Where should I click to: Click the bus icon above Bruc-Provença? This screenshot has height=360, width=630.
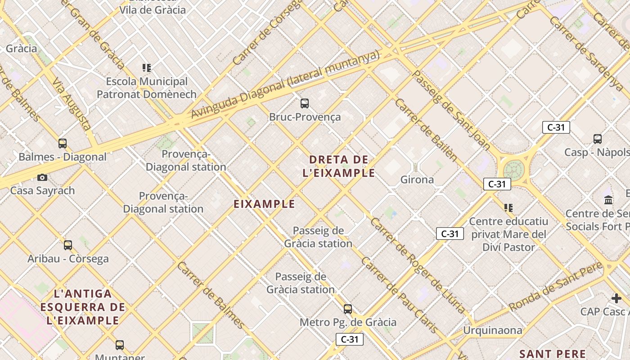point(305,103)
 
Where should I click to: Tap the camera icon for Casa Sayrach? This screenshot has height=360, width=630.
point(42,177)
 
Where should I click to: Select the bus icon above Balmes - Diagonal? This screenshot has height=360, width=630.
point(63,144)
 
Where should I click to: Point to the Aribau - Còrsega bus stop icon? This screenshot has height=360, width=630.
point(68,245)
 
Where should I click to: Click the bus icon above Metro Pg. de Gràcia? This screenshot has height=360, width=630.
point(348,309)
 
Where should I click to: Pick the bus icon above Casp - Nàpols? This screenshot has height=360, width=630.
point(598,139)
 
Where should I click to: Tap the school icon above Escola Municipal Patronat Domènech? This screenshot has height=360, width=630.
point(146,68)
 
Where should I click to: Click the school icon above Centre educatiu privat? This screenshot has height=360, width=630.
point(508,208)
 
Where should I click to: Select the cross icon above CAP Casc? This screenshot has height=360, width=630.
point(616,298)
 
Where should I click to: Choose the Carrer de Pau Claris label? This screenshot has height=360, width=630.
point(399,295)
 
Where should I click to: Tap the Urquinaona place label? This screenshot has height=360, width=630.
point(493,331)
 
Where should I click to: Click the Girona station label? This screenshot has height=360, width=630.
point(417,180)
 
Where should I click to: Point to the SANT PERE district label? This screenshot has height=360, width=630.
point(552,354)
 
